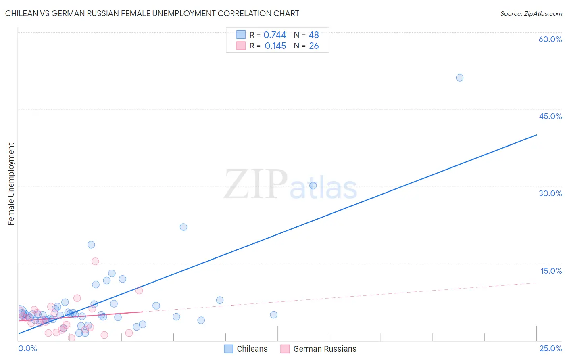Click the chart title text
click(x=152, y=13)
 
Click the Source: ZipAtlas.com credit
click(x=531, y=13)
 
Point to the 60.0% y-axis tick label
click(x=550, y=39)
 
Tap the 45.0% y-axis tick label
click(x=550, y=116)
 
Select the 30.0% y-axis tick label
click(x=550, y=193)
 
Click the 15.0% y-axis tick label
click(x=551, y=271)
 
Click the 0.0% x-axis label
click(x=27, y=348)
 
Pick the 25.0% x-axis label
click(x=550, y=348)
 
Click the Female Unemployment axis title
click(x=11, y=184)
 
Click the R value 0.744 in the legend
click(x=275, y=35)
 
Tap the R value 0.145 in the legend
click(x=275, y=46)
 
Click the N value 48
click(x=314, y=35)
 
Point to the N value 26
click(x=314, y=46)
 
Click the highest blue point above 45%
click(x=459, y=77)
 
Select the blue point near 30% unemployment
click(x=313, y=186)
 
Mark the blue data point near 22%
click(x=183, y=227)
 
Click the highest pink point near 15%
click(x=95, y=261)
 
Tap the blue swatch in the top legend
click(x=241, y=35)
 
